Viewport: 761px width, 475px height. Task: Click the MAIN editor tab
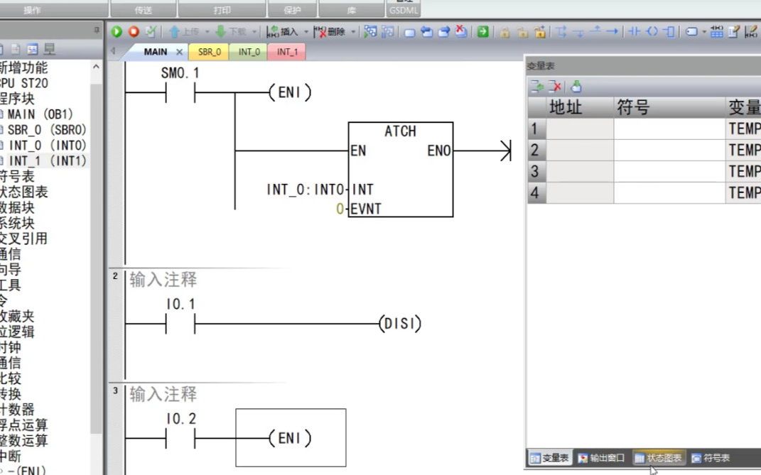[156, 52]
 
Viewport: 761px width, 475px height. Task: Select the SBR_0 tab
[209, 52]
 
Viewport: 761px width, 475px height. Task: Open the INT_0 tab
[249, 52]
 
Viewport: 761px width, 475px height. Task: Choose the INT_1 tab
[287, 52]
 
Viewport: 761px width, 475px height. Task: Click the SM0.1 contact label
[180, 73]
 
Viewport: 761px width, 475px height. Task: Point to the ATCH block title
[400, 131]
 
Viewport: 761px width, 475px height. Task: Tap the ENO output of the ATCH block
[438, 151]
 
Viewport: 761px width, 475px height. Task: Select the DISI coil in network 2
[399, 324]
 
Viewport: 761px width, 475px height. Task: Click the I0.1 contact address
[180, 305]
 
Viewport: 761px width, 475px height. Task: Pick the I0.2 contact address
[180, 420]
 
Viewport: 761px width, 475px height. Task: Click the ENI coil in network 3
[290, 439]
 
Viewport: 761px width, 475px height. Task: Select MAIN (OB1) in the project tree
[41, 114]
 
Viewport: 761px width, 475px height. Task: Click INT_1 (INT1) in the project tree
[47, 161]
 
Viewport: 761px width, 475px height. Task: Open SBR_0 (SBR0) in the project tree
[46, 130]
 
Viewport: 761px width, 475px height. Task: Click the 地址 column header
[566, 108]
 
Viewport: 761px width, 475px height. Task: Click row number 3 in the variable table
[534, 172]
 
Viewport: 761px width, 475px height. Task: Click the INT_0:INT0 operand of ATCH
[306, 190]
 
